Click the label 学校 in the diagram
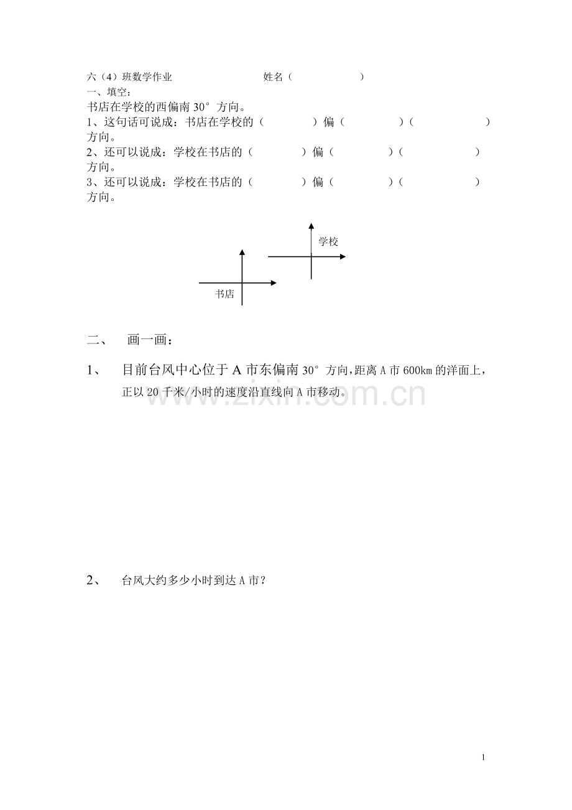pyautogui.click(x=328, y=242)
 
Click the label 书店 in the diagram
pyautogui.click(x=224, y=294)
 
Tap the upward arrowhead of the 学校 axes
pyautogui.click(x=311, y=226)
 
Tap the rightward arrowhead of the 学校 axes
pyautogui.click(x=343, y=256)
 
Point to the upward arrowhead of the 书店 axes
pyautogui.click(x=242, y=252)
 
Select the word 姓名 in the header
pyautogui.click(x=274, y=77)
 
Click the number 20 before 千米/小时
pyautogui.click(x=154, y=392)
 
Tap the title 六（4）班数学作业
pyautogui.click(x=129, y=77)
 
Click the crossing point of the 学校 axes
pyautogui.click(x=311, y=256)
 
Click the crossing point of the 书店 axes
pyautogui.click(x=242, y=283)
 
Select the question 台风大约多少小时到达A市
pyautogui.click(x=194, y=581)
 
